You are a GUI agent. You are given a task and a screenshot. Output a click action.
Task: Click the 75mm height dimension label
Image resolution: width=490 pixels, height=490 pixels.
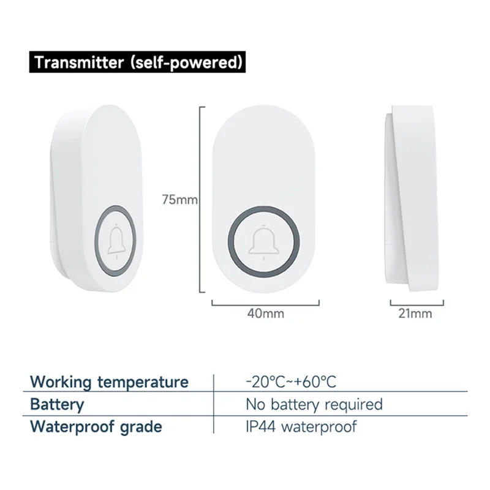point(178,199)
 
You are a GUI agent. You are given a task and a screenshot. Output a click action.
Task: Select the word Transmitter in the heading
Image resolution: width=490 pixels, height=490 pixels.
point(77,62)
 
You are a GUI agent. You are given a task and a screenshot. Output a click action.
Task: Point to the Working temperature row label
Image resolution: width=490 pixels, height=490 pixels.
point(110,382)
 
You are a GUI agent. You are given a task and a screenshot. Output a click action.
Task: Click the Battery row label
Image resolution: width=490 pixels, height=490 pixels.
point(57,404)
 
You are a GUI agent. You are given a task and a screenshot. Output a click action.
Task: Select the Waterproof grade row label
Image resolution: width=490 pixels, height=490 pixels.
point(96,426)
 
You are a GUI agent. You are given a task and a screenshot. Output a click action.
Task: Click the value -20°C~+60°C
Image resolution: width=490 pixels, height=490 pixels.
point(291,382)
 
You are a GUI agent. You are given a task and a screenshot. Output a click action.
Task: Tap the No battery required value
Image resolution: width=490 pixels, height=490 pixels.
point(314,404)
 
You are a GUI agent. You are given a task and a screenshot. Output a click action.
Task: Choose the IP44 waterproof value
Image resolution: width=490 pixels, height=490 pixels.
point(301,426)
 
